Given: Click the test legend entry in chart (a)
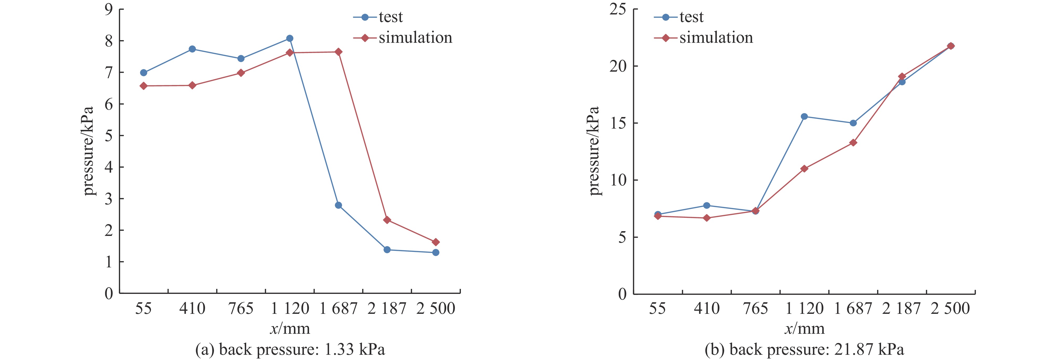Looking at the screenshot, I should [378, 17].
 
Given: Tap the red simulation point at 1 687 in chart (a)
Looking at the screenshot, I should [338, 52].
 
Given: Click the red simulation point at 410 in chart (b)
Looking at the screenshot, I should [707, 218].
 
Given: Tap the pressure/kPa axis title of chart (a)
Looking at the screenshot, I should [88, 151].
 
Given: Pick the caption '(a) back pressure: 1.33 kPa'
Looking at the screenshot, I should [290, 350].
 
